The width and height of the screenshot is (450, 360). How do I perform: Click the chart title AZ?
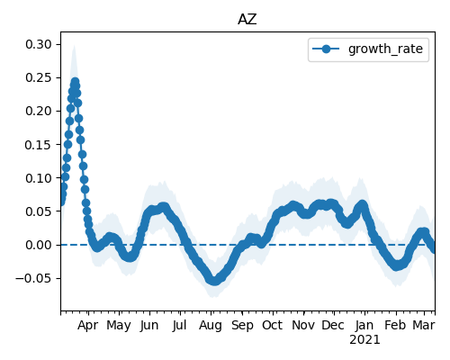[247, 20]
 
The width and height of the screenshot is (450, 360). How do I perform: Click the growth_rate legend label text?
[385, 49]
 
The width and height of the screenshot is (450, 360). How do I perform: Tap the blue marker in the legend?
[326, 49]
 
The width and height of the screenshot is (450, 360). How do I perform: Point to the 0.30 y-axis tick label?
[39, 44]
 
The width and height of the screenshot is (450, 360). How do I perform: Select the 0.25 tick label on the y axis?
[39, 77]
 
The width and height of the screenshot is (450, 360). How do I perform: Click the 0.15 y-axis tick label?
[39, 145]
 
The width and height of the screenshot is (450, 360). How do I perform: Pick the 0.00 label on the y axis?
[39, 245]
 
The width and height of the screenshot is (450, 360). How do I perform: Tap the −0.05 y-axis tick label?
[34, 278]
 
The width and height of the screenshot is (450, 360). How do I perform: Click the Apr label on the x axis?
[87, 326]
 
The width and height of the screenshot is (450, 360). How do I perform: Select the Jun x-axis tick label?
[149, 326]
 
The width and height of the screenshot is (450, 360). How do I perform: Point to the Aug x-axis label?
[211, 326]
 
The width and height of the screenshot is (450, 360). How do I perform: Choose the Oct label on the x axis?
[272, 326]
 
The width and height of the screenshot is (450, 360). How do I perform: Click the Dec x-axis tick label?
[333, 326]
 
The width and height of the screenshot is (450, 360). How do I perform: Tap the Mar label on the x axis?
[424, 326]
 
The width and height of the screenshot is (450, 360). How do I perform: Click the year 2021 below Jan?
[364, 340]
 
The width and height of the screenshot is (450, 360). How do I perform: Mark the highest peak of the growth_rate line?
[75, 82]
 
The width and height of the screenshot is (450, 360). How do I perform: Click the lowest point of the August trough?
[214, 281]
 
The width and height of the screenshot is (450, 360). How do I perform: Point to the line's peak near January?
[363, 205]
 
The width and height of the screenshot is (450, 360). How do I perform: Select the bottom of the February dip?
[397, 266]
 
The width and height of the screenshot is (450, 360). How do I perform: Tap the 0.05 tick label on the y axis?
[39, 211]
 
